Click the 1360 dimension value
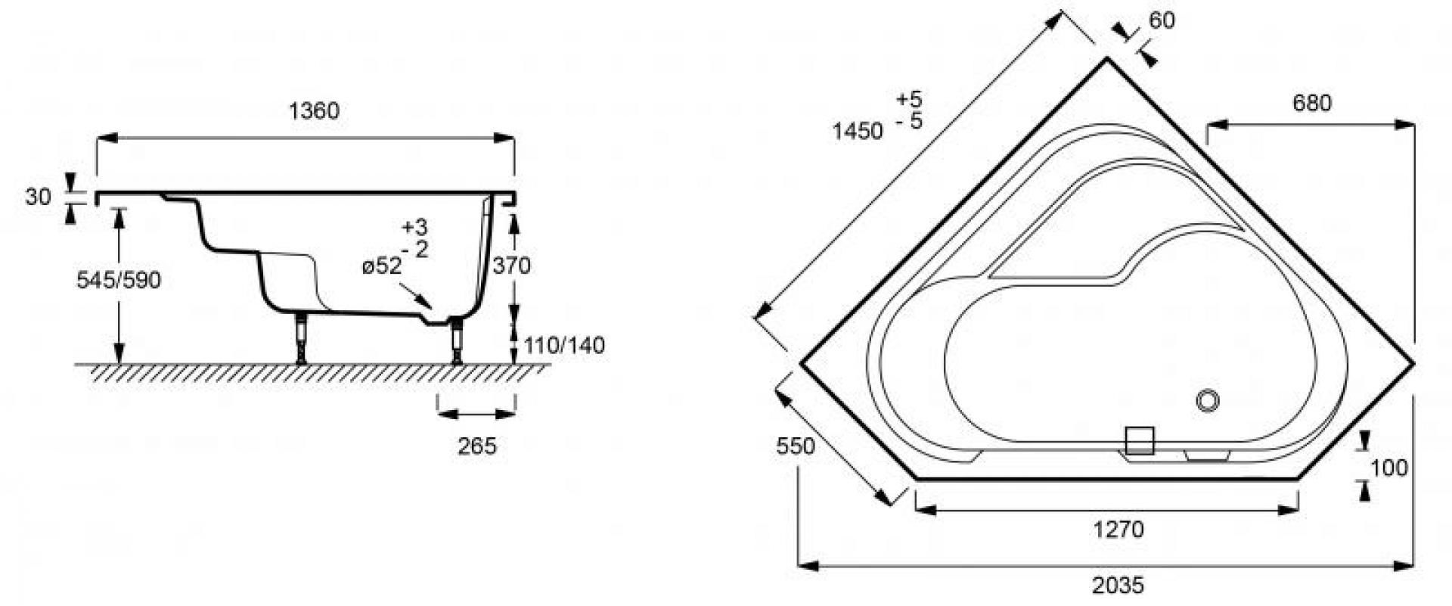tap(314, 110)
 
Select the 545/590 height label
tap(119, 280)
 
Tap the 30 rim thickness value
tap(38, 197)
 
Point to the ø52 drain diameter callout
tap(381, 266)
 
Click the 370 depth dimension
tap(511, 266)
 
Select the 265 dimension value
tap(477, 446)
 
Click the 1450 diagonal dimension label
tap(857, 132)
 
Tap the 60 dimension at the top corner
tap(1162, 21)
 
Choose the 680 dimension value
tap(1312, 102)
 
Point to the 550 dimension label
tap(796, 446)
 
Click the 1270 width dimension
tap(1118, 530)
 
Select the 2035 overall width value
tap(1118, 585)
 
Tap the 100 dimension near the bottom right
tap(1389, 468)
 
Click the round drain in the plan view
tap(1208, 400)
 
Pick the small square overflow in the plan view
tap(1140, 440)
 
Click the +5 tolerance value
tap(909, 98)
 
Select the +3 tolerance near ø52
tap(414, 226)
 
